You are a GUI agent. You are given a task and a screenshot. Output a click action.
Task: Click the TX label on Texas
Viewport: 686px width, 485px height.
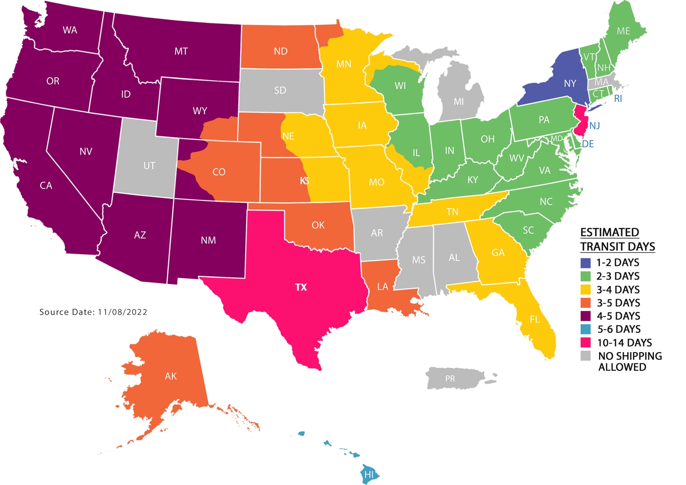(x=301, y=287)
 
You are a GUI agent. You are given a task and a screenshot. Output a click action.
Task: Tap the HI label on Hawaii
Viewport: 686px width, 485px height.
(x=369, y=474)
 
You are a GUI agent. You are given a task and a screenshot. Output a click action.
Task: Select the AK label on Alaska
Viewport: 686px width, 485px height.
(x=171, y=376)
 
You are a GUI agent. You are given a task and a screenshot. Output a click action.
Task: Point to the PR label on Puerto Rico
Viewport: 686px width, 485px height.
(x=450, y=379)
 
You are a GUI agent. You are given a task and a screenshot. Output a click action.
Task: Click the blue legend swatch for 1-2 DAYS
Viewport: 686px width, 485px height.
(x=586, y=263)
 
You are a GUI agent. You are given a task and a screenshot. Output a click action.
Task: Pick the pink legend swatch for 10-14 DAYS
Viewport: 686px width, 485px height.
(x=586, y=343)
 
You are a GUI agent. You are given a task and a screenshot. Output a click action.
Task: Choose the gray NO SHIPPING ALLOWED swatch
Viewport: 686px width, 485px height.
(x=586, y=356)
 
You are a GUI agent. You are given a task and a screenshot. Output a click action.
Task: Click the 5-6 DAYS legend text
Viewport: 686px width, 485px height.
(x=619, y=329)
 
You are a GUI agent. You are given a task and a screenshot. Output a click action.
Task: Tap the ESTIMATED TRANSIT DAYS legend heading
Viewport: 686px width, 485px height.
(x=617, y=239)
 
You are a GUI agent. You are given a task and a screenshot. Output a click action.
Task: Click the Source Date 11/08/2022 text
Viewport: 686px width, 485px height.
(x=93, y=312)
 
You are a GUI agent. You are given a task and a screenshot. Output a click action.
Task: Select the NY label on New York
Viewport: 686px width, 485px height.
(x=570, y=84)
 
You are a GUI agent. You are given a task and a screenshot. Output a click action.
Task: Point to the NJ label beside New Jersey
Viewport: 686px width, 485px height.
(x=595, y=126)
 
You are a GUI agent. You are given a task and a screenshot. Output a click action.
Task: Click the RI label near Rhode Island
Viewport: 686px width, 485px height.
(x=618, y=99)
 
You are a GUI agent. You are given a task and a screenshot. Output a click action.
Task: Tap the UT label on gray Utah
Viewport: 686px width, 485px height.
(x=149, y=166)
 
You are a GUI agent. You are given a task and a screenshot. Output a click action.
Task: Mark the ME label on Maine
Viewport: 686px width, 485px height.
(x=623, y=31)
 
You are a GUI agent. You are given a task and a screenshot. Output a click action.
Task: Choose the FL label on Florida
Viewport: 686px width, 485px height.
(x=535, y=320)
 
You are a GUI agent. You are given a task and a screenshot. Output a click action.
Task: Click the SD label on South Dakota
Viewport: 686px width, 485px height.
(x=280, y=90)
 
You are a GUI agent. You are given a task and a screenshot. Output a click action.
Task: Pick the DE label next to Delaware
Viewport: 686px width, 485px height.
(x=588, y=144)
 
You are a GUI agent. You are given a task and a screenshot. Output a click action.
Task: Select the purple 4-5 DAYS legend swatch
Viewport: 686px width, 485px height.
(x=586, y=316)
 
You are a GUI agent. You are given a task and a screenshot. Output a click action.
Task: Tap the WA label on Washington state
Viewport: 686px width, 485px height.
(x=70, y=30)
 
